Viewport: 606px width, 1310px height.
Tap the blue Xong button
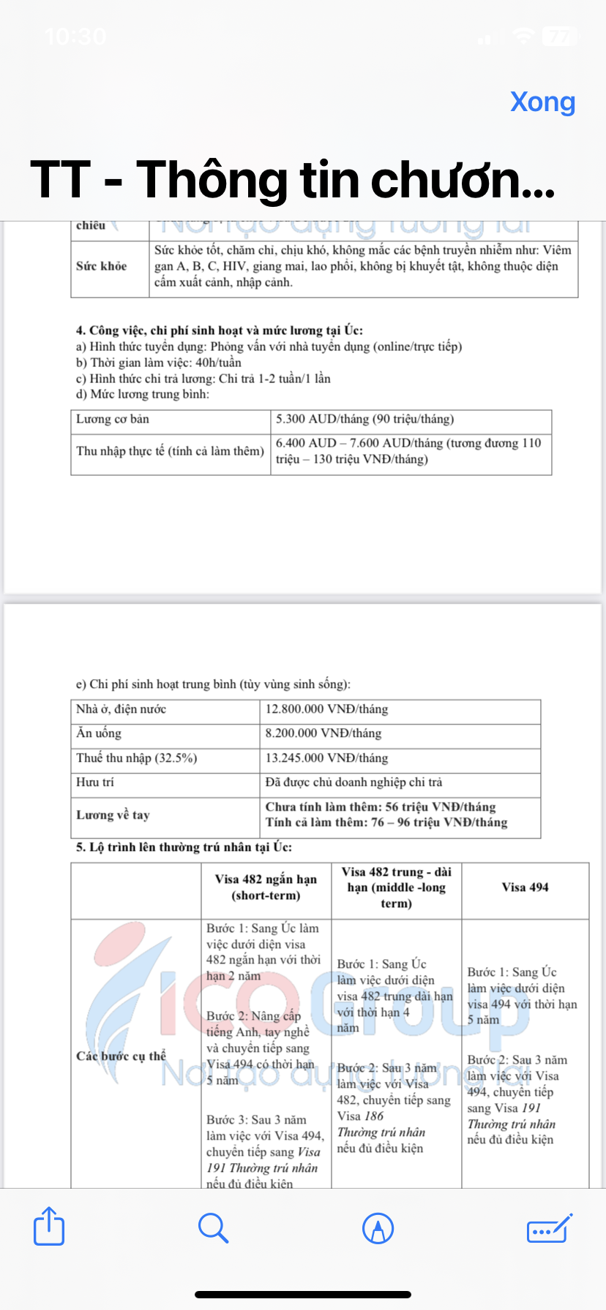542,102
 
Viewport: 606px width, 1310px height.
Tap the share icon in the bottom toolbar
49,1226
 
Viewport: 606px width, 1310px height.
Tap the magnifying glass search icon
213,1227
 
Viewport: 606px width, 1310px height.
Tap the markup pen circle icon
378,1227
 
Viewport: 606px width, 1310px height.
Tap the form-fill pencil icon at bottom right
549,1227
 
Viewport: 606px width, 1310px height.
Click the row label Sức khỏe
102,266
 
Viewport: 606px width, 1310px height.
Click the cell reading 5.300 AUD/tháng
364,419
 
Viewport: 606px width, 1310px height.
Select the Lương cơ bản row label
113,419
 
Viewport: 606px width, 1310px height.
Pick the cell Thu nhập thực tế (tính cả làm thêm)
170,451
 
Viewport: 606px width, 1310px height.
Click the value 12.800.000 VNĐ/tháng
326,709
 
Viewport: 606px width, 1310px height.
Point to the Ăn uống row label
99,733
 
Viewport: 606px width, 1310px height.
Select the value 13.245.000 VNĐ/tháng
326,758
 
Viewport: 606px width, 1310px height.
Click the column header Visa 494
525,887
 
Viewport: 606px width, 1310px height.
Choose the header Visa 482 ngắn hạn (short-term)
266,887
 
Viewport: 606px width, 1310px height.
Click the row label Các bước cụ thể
121,1056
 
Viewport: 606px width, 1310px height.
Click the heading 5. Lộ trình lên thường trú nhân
184,847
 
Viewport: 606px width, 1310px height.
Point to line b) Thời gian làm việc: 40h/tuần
159,363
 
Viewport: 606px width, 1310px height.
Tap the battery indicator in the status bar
561,36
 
